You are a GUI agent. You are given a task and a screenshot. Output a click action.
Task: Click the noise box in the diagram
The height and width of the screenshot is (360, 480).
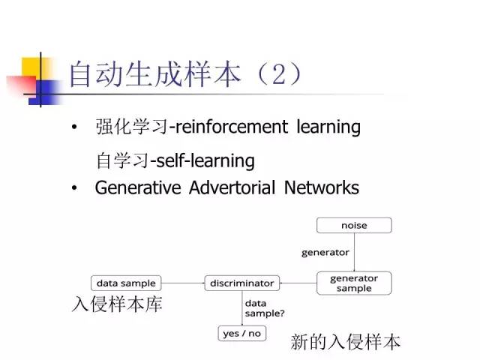click(x=354, y=225)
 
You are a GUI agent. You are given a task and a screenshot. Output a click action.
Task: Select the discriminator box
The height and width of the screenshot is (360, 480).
click(x=241, y=283)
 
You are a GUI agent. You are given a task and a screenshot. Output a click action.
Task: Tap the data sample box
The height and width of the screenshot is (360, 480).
click(x=127, y=283)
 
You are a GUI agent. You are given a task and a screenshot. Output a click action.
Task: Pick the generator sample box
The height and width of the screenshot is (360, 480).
click(x=354, y=283)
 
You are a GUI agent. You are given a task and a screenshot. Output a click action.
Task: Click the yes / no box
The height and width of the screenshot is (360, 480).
click(x=241, y=332)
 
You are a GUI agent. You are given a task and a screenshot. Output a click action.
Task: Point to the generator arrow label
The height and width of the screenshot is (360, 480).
click(x=325, y=253)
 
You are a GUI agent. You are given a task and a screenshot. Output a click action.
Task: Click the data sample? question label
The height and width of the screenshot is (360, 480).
click(x=265, y=308)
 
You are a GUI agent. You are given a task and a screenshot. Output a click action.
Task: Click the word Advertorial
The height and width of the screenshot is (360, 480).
click(x=232, y=187)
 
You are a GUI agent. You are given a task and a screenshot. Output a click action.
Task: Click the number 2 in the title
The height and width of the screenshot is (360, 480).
click(x=271, y=75)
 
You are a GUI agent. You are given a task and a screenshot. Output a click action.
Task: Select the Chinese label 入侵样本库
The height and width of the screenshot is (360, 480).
click(x=116, y=305)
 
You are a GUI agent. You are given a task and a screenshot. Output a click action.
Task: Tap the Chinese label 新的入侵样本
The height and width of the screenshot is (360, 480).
click(x=346, y=343)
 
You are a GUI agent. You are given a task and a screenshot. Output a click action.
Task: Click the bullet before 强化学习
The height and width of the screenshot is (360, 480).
click(x=73, y=128)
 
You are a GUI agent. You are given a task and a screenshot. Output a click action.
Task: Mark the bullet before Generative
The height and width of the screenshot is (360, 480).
click(x=73, y=188)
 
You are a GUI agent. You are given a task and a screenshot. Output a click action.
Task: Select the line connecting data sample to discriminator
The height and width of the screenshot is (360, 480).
click(x=183, y=283)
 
